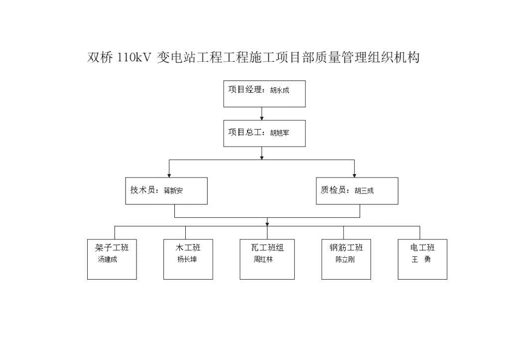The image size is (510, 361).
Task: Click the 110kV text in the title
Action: click(x=133, y=58)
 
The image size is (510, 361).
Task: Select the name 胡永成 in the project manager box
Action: click(x=279, y=90)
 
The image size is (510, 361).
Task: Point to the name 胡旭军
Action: click(x=279, y=133)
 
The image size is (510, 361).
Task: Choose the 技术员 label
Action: click(x=143, y=190)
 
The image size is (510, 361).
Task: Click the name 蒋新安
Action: click(x=173, y=191)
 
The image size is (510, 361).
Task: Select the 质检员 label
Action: click(x=333, y=190)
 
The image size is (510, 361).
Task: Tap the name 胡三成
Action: click(x=364, y=191)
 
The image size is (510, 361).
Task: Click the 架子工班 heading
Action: click(x=112, y=248)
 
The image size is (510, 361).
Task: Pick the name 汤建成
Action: click(x=108, y=259)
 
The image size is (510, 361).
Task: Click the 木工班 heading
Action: click(x=188, y=248)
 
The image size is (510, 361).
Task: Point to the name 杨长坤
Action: click(x=187, y=259)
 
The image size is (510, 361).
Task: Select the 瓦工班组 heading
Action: click(x=267, y=248)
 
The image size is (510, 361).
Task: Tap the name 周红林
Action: click(x=263, y=259)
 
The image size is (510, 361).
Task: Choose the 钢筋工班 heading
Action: click(x=346, y=248)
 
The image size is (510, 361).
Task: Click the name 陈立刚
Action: click(x=345, y=259)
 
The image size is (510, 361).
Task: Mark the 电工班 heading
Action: click(x=422, y=248)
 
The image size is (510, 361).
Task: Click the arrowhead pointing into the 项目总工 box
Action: click(x=262, y=119)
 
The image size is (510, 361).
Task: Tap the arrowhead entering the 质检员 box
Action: click(x=355, y=176)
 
